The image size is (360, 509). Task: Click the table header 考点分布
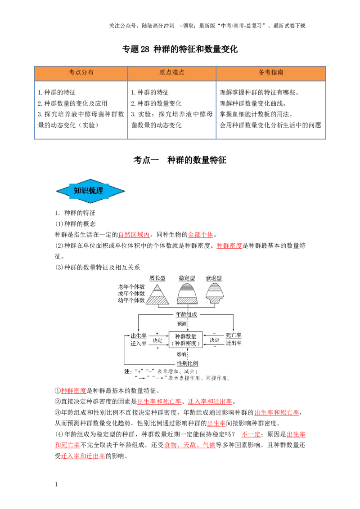tap(81, 72)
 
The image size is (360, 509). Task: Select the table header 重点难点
tap(171, 72)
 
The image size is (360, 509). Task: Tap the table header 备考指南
tap(270, 72)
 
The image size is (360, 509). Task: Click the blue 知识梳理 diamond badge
tap(90, 191)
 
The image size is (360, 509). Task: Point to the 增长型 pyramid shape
tap(157, 295)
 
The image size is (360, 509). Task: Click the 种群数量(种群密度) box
tap(185, 339)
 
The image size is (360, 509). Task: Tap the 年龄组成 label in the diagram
tap(186, 314)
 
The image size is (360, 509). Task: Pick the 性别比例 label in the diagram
tap(188, 363)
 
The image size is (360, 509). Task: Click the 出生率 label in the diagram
tap(139, 335)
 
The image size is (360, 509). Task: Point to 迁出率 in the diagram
tap(234, 343)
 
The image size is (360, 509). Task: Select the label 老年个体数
tap(131, 287)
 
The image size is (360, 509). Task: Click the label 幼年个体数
tap(131, 300)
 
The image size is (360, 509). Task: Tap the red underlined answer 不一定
tap(251, 434)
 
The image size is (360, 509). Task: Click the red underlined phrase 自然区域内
tap(134, 235)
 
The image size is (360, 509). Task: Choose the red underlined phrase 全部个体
tap(200, 235)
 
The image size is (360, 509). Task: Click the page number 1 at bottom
tap(56, 484)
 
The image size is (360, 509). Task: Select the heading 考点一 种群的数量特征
tap(180, 160)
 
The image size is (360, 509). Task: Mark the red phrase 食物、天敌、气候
tap(190, 445)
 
